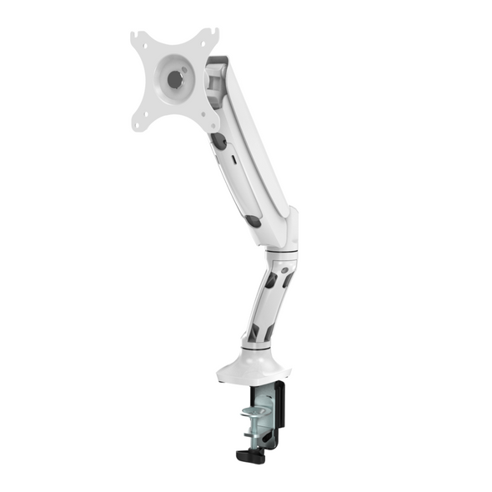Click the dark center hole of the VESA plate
click(174, 79)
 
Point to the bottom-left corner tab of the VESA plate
click(139, 123)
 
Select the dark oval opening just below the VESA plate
click(218, 142)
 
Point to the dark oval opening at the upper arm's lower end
click(253, 221)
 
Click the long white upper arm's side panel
click(250, 150)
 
